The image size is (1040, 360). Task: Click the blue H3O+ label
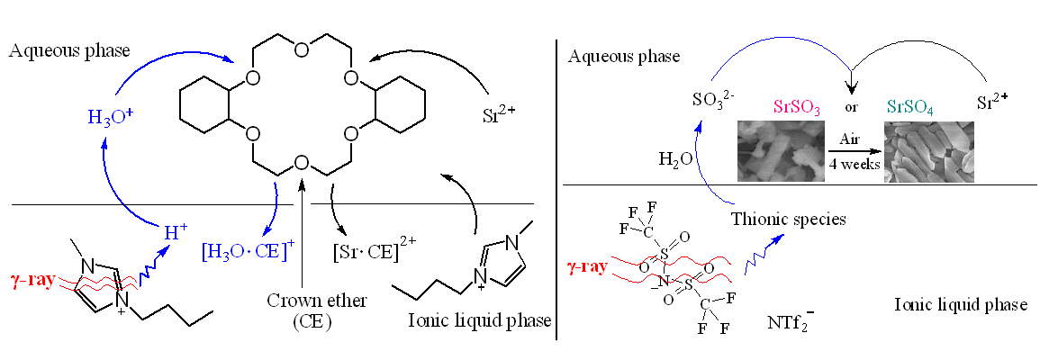[110, 118]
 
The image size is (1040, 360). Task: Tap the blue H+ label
[175, 231]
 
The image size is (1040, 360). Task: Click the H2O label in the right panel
[675, 159]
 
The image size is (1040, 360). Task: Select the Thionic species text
[789, 219]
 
